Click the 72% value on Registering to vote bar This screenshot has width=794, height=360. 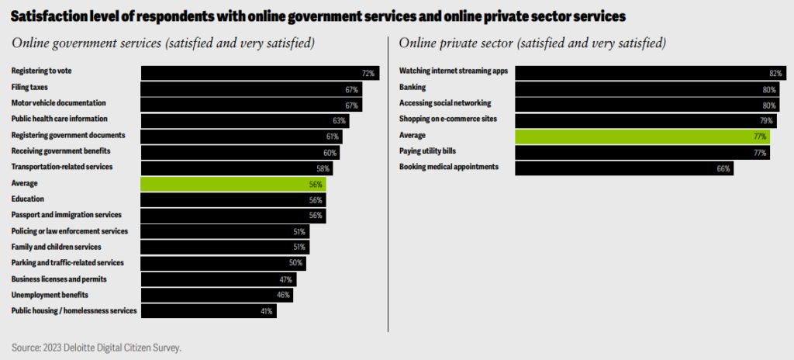(x=368, y=74)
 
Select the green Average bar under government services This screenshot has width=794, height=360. (x=233, y=184)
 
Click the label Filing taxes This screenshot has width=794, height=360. (x=29, y=88)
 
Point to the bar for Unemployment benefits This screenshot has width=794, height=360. (x=217, y=295)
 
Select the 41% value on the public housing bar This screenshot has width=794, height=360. (x=266, y=311)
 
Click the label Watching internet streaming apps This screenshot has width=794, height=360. (x=453, y=71)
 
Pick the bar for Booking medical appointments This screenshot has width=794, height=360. (x=624, y=168)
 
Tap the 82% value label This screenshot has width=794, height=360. (x=775, y=72)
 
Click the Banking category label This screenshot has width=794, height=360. (x=413, y=87)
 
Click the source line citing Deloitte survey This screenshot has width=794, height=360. (x=97, y=348)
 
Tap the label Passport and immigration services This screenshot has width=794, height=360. (x=66, y=215)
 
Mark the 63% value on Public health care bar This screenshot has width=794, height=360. (x=338, y=120)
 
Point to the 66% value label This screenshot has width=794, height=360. (x=723, y=168)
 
